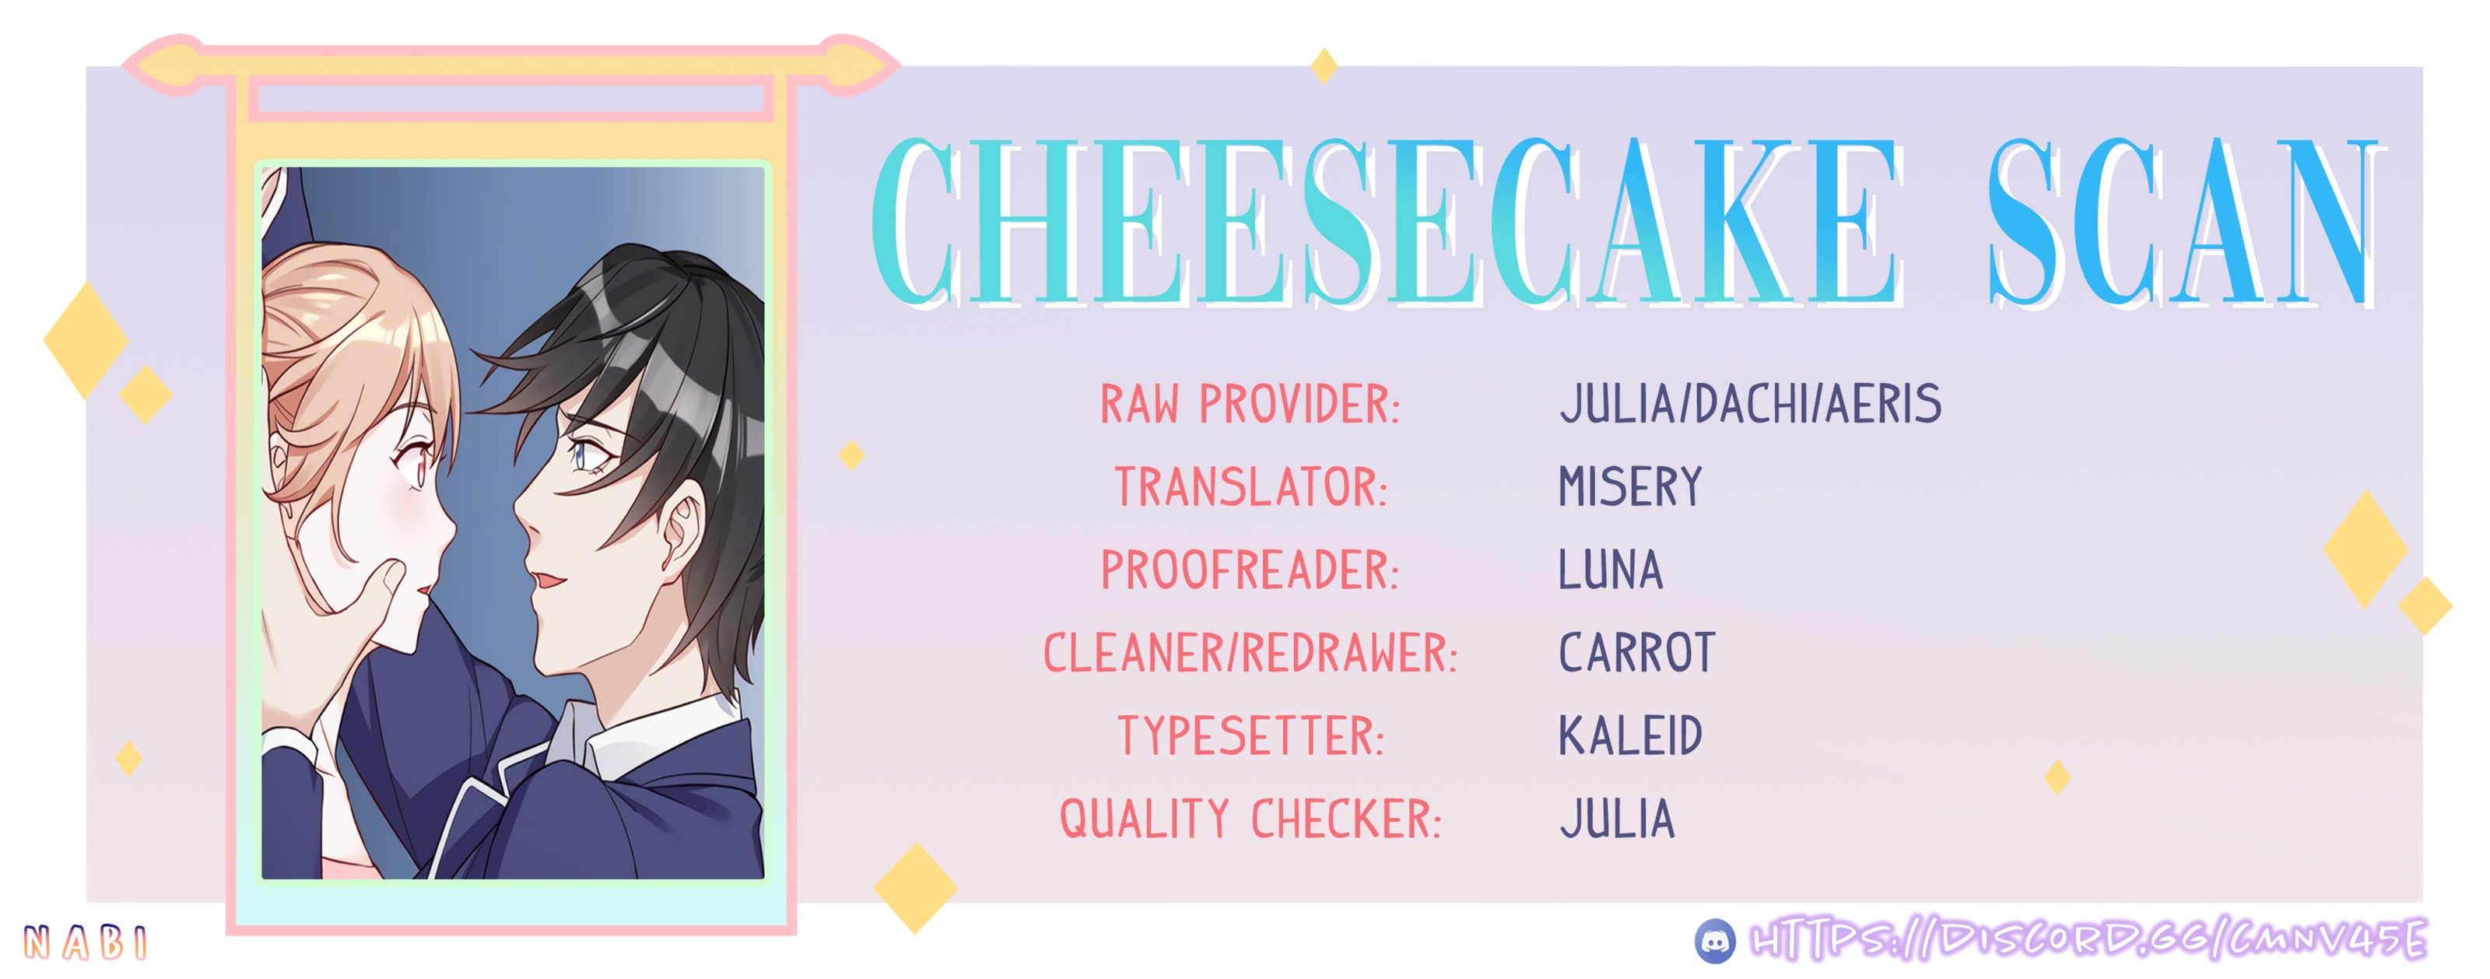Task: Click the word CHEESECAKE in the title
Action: [x=1387, y=223]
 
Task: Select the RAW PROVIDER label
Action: [x=1250, y=404]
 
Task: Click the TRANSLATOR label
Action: [x=1250, y=487]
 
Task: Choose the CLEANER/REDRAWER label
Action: [x=1250, y=653]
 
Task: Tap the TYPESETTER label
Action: [x=1250, y=736]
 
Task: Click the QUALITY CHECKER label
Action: [x=1250, y=819]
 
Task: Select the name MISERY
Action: [x=1629, y=487]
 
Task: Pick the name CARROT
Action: [x=1636, y=653]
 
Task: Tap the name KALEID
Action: [x=1629, y=736]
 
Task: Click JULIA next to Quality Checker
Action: [x=1616, y=819]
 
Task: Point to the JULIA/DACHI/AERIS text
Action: [x=1749, y=404]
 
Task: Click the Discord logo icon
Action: [x=1715, y=940]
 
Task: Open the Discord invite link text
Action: [x=2088, y=939]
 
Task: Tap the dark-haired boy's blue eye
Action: [x=583, y=452]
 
